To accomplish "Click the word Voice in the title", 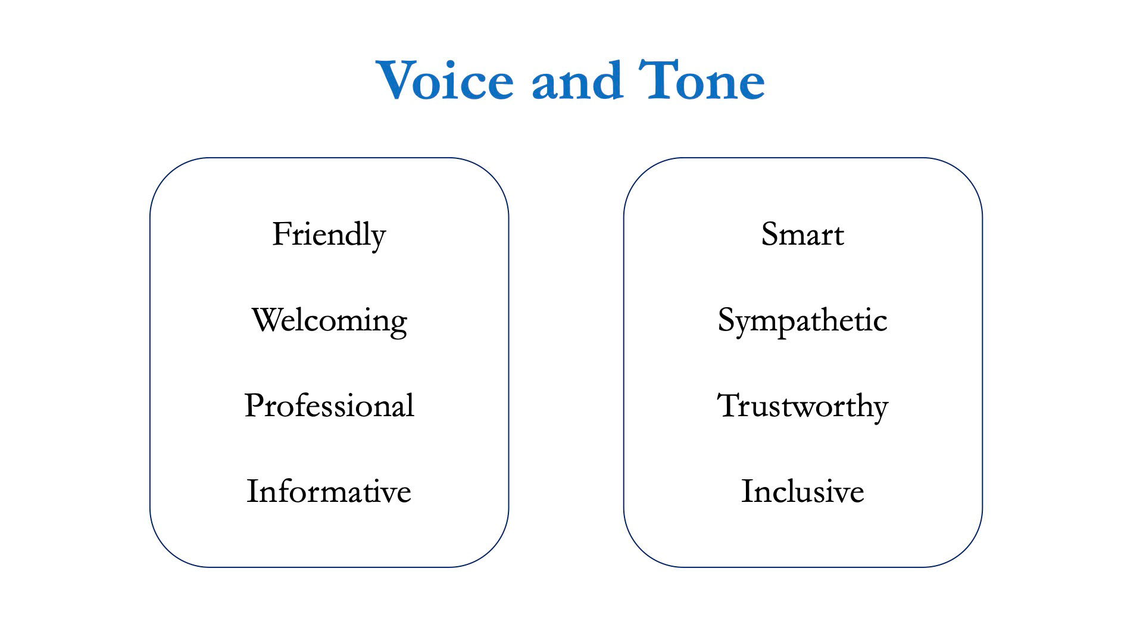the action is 445,80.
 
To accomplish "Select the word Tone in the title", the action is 702,80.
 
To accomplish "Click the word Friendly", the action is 329,235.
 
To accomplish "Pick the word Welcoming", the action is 329,321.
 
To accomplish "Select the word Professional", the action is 329,405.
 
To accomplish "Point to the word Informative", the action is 329,491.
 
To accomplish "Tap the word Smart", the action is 802,234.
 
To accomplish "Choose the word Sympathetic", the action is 802,321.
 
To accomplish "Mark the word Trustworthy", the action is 802,407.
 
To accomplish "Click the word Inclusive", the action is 802,491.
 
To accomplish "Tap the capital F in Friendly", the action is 282,233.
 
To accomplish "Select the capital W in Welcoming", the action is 268,320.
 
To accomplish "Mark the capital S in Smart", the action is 770,234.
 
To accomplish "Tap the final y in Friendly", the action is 377,241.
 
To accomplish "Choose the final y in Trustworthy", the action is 879,413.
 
